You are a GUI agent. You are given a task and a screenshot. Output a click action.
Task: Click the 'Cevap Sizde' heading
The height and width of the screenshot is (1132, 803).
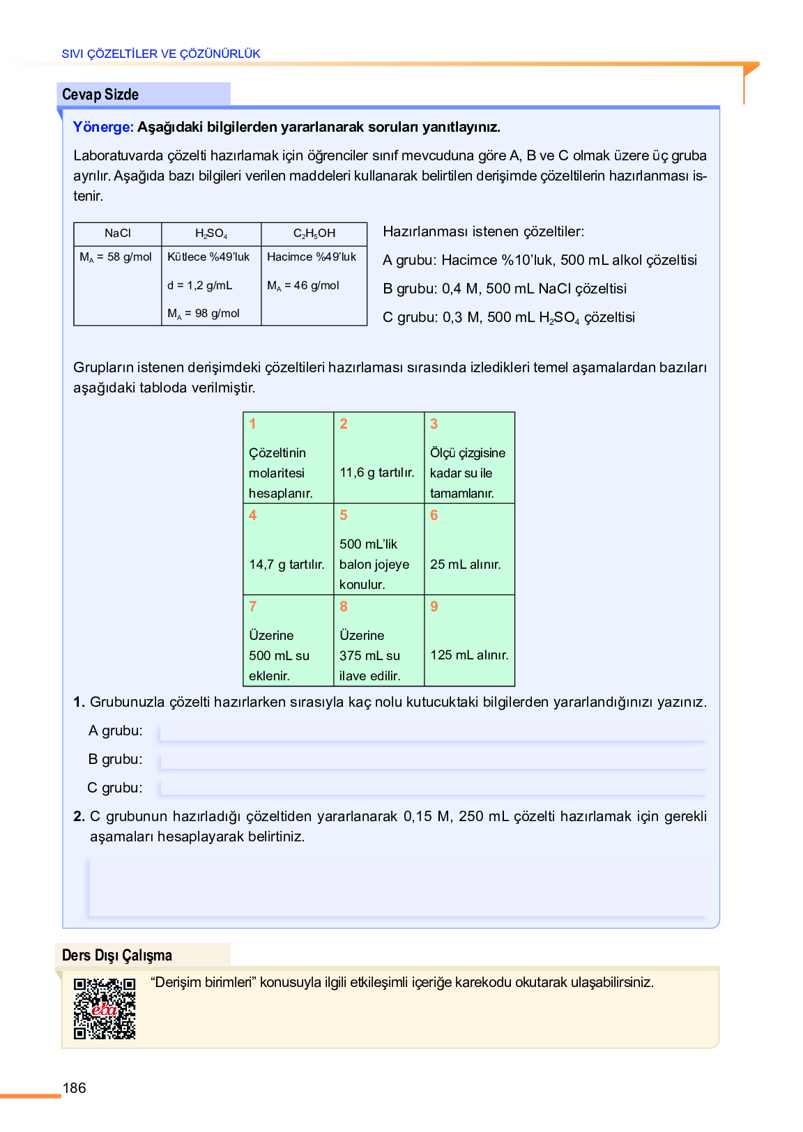(100, 94)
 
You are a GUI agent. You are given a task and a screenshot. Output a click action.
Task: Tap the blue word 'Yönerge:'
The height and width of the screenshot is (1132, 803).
(103, 127)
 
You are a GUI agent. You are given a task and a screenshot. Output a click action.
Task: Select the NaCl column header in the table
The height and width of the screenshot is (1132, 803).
(117, 234)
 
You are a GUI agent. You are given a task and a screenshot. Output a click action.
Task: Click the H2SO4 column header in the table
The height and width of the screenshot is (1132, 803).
(211, 234)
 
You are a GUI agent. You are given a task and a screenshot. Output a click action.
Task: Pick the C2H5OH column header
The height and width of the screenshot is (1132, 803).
(314, 234)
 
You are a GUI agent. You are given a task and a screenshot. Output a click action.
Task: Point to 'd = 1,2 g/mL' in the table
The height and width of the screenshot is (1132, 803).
(199, 285)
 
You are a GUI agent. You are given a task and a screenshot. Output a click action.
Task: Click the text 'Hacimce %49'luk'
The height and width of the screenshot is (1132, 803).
(311, 257)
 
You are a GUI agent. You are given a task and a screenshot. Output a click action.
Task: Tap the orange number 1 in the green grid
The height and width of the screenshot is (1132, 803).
(252, 424)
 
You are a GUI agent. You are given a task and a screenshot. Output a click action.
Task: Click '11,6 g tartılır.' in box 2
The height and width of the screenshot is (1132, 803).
(376, 473)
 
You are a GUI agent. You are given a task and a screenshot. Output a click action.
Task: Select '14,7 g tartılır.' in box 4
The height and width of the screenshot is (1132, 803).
(286, 564)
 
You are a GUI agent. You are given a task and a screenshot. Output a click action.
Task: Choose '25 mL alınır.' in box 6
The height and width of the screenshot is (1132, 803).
(465, 564)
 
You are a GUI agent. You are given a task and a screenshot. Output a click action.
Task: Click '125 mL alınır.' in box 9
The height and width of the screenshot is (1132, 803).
(469, 655)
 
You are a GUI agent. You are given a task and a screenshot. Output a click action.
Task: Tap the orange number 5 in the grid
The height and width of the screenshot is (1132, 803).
(343, 515)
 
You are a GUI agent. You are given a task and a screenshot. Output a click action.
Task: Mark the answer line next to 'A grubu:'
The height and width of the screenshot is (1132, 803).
(432, 733)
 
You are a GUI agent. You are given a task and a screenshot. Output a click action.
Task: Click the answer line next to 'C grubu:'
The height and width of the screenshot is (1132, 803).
(432, 790)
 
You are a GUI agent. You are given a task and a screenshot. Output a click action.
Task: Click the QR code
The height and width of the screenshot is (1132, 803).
(105, 1009)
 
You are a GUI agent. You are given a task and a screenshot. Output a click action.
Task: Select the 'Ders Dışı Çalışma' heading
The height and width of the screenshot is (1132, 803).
(117, 955)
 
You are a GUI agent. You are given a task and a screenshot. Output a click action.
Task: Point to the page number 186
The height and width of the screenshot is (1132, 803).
(75, 1088)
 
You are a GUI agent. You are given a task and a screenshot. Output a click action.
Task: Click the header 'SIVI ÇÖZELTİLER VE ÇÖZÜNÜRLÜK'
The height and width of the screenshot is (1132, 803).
(161, 54)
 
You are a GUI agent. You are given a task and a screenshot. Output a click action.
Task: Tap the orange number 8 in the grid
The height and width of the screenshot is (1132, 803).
(343, 606)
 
